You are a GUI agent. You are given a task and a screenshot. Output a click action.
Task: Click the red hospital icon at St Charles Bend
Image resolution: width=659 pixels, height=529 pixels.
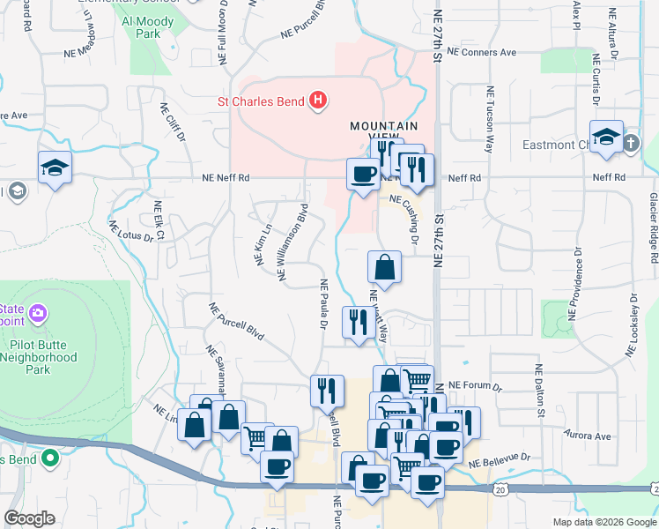pyautogui.click(x=319, y=101)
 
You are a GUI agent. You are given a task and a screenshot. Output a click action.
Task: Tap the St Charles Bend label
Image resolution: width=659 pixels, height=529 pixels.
pyautogui.click(x=262, y=101)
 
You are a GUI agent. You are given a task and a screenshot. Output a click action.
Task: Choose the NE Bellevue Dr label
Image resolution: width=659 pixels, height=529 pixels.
pyautogui.click(x=500, y=460)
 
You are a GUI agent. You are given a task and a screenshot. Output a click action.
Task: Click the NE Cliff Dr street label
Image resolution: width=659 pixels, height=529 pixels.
pyautogui.click(x=173, y=123)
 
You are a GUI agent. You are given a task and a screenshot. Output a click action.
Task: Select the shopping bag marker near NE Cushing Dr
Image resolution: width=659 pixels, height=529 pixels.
pyautogui.click(x=384, y=266)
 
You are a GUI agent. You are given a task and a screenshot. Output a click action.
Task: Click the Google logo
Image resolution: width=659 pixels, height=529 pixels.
pyautogui.click(x=30, y=518)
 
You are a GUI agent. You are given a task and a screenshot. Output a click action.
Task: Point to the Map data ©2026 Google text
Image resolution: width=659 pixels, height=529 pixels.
pyautogui.click(x=603, y=522)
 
